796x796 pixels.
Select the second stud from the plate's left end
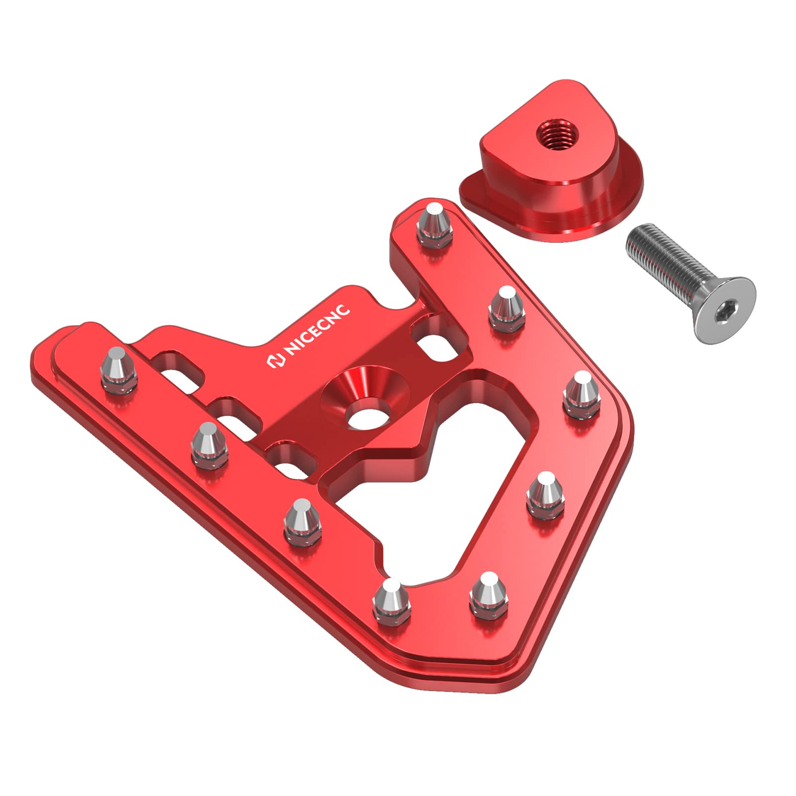pos(208,444)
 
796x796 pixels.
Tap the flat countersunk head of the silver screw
pos(724,311)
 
